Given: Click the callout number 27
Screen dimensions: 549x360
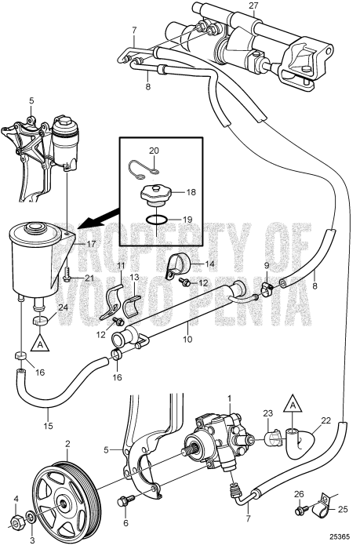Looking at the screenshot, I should point(253,5).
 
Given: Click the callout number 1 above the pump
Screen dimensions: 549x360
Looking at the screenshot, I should point(229,400).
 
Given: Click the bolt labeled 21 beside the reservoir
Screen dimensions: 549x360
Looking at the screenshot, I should point(69,277).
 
